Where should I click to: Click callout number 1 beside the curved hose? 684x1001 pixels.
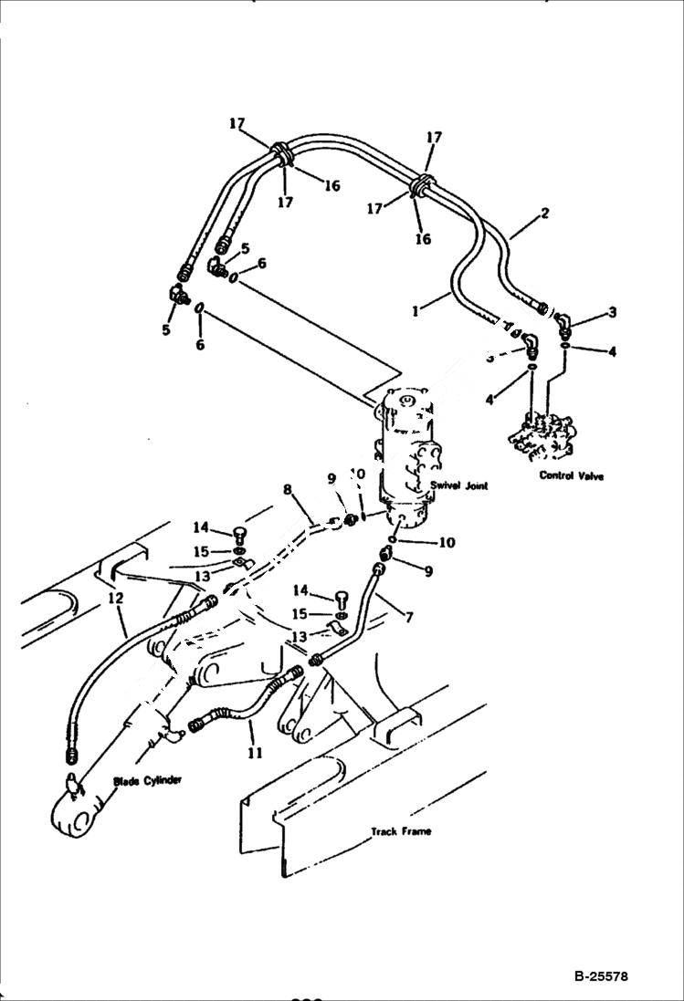(x=416, y=310)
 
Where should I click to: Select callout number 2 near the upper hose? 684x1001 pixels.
(x=544, y=214)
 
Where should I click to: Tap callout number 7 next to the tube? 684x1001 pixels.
(x=408, y=618)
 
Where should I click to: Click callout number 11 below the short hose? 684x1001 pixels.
(x=255, y=753)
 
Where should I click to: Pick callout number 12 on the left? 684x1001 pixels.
(x=114, y=598)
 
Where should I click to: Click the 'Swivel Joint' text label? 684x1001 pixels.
(x=460, y=486)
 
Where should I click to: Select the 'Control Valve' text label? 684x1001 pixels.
(x=572, y=475)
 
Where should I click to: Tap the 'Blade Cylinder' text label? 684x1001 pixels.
(x=148, y=780)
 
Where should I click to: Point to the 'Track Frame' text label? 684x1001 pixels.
(x=401, y=831)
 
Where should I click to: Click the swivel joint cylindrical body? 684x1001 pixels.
(x=406, y=456)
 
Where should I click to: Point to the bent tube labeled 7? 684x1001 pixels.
(x=361, y=620)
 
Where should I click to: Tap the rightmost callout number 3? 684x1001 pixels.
(x=613, y=312)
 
